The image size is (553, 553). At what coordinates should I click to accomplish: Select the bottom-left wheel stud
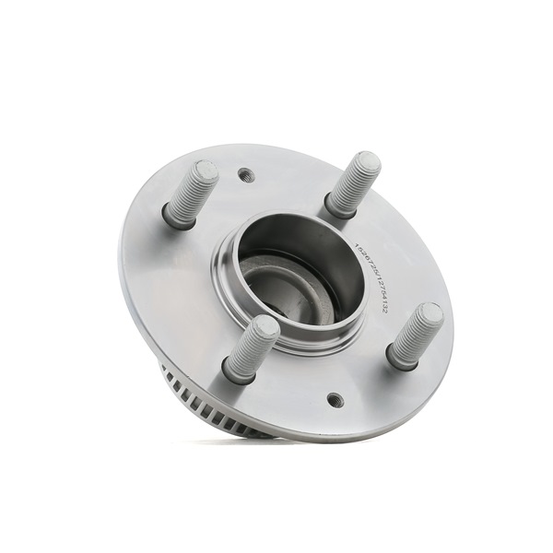251,347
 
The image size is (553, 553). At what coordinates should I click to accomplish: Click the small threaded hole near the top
246,174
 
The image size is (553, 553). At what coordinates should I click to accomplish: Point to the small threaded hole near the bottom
335,400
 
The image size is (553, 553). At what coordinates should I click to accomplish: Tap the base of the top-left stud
177,218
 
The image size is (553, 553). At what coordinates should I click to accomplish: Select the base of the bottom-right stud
400,356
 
